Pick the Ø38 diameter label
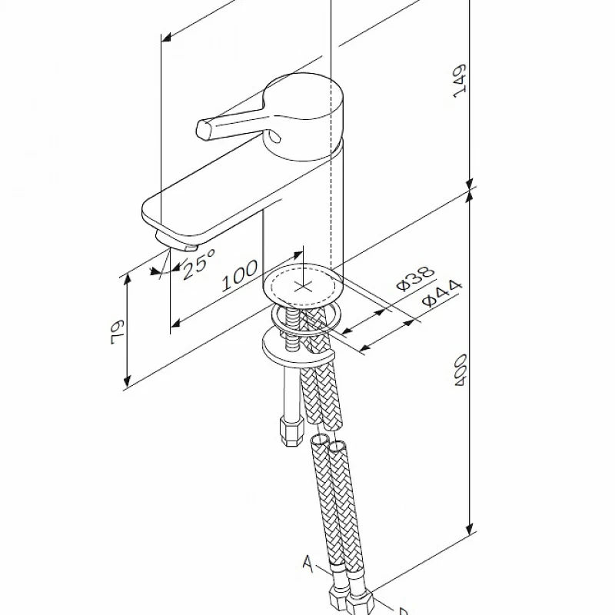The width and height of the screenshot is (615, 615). (x=416, y=279)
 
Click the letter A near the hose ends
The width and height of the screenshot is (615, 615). (x=307, y=567)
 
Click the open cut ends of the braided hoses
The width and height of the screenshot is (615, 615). (x=327, y=444)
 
